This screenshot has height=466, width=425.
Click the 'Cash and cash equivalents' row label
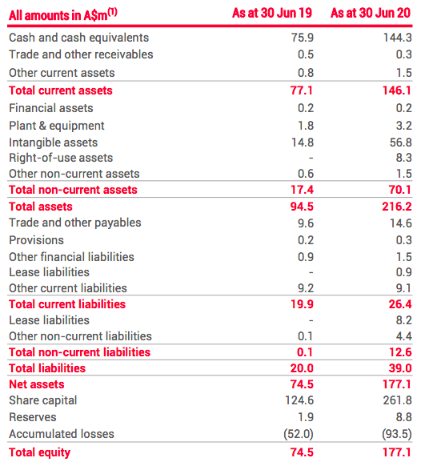tap(78, 38)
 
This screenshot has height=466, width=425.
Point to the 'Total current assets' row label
tap(60, 90)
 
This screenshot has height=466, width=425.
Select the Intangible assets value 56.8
tap(399, 142)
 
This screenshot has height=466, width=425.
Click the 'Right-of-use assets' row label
tap(61, 158)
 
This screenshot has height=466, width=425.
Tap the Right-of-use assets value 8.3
tap(403, 158)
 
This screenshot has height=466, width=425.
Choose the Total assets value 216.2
tap(396, 207)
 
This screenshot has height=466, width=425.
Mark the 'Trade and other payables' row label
tap(74, 223)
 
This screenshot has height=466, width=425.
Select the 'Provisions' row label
tap(36, 239)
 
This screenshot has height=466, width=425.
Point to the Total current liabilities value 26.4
tap(399, 304)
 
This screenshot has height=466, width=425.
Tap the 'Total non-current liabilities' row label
tap(79, 352)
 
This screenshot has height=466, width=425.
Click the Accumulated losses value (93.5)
tap(395, 434)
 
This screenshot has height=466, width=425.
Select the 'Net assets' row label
tap(36, 384)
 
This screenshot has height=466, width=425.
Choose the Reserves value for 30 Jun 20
tap(403, 417)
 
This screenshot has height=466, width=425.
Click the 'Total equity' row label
tap(39, 452)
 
